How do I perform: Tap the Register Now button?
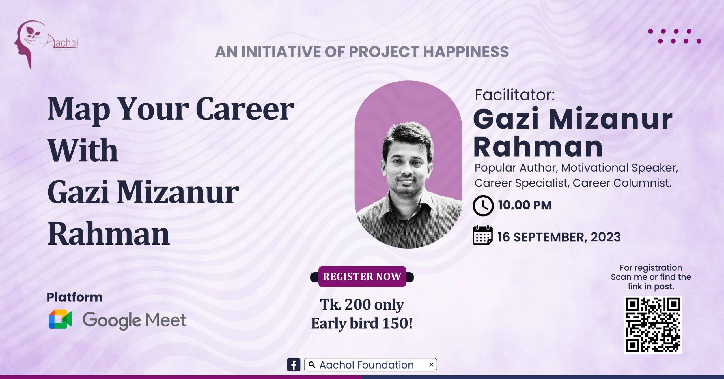(362, 277)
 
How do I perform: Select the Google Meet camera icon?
(60, 319)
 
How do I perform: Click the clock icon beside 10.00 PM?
(483, 205)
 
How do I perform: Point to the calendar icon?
(482, 235)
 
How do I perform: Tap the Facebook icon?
(294, 365)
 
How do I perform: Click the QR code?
(653, 325)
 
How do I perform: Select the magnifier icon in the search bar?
(312, 365)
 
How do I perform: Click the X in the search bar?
(431, 365)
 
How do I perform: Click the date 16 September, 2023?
(559, 237)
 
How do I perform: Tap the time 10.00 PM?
(525, 205)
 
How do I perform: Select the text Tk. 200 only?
(362, 305)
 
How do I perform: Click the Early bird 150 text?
(362, 323)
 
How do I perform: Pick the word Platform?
(75, 297)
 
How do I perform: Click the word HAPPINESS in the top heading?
(466, 52)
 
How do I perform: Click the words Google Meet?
(134, 320)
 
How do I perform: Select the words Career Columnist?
(622, 183)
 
